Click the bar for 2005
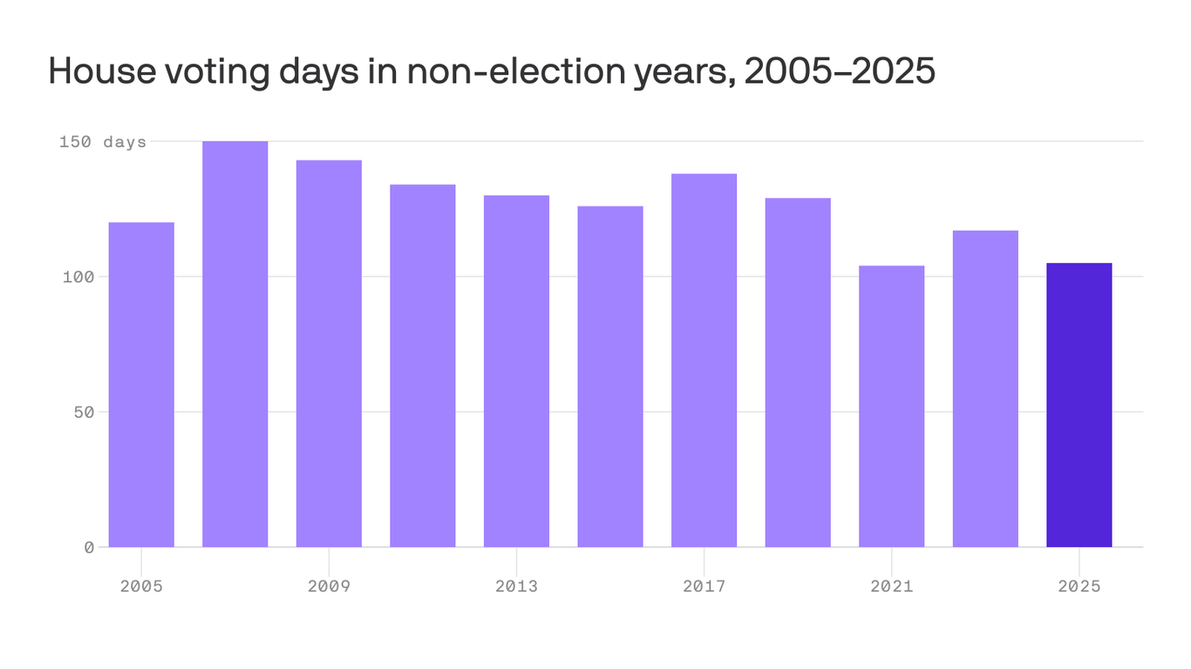point(141,384)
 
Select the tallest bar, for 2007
point(235,344)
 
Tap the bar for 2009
point(329,353)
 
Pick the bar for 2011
point(423,366)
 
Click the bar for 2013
point(516,371)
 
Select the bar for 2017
point(704,360)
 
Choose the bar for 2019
point(798,372)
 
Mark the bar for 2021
point(891,406)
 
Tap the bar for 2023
point(985,389)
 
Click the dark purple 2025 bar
point(1079,405)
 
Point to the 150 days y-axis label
point(103,142)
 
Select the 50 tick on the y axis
point(83,412)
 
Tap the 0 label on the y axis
point(89,547)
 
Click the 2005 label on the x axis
point(141,586)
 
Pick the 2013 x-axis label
point(516,586)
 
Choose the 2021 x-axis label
point(891,586)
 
